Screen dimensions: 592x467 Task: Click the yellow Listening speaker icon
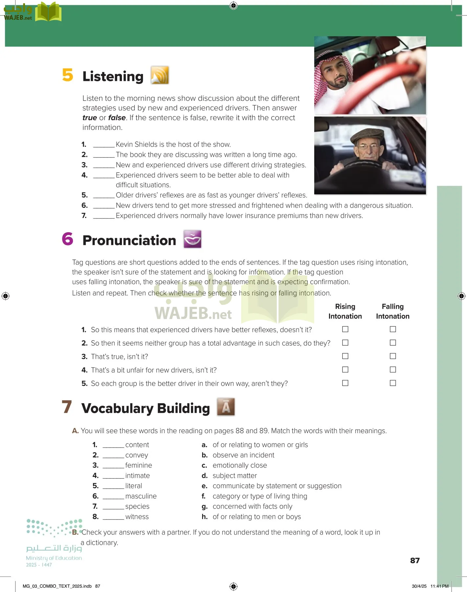pos(160,75)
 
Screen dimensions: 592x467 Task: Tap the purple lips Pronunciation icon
pos(192,239)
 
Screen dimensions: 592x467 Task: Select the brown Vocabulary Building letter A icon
pos(226,407)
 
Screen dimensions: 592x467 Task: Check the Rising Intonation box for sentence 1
pos(345,329)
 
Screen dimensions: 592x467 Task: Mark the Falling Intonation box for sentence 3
pos(393,356)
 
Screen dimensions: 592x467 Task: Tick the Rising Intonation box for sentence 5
pos(345,383)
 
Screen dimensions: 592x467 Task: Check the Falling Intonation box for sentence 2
pos(393,343)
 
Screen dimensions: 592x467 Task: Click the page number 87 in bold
pos(415,560)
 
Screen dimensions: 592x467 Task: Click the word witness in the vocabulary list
pos(137,517)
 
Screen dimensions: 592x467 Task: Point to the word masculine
pos(141,496)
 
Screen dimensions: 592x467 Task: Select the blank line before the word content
pos(113,445)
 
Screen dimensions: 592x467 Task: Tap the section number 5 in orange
pos(68,75)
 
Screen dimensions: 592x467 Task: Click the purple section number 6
pos(68,239)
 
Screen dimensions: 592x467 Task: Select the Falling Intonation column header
pos(393,311)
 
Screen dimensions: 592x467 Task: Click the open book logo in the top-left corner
pos(48,12)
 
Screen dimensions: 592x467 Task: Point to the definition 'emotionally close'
pos(240,465)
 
